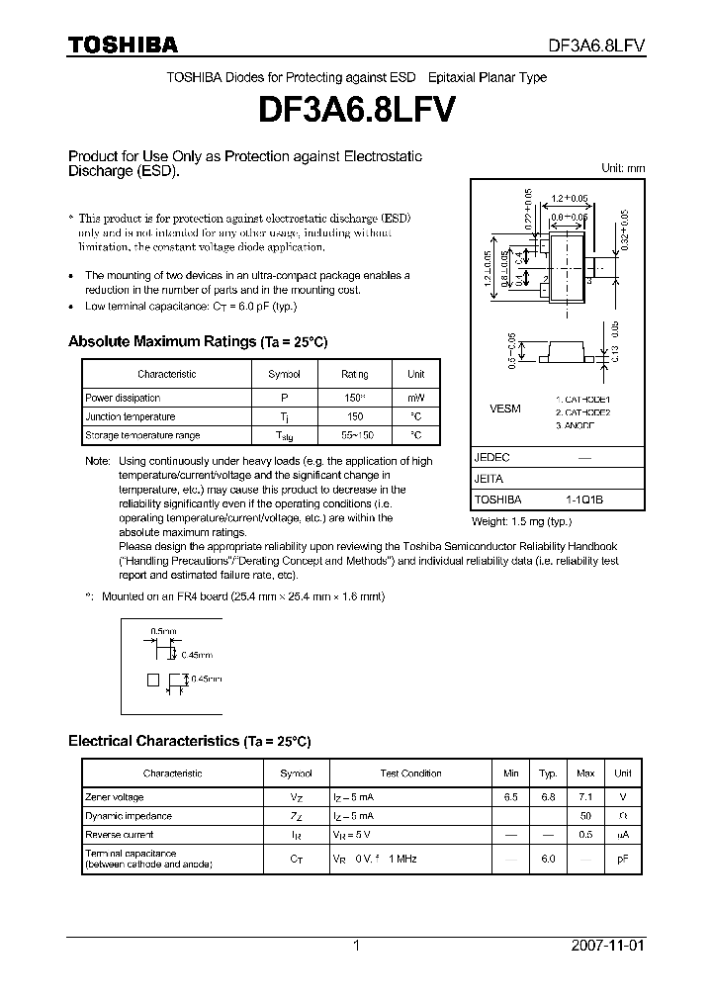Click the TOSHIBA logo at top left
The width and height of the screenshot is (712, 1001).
click(123, 45)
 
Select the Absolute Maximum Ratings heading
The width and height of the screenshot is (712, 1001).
click(197, 341)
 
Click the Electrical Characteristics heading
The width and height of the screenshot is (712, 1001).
click(189, 740)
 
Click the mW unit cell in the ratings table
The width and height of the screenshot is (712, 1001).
click(415, 397)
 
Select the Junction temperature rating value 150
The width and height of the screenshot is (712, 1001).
click(355, 416)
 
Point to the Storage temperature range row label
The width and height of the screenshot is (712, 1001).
click(142, 435)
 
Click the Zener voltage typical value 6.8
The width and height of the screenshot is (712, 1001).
click(547, 796)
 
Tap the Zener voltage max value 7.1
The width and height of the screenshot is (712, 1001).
click(585, 796)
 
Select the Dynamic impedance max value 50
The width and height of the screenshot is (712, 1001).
click(585, 816)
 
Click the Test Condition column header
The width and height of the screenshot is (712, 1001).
click(410, 773)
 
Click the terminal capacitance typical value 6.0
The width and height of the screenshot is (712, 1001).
click(547, 859)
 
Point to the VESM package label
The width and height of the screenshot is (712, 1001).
click(505, 408)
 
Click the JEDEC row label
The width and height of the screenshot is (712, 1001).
click(491, 458)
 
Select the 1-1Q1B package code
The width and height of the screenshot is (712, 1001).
click(583, 500)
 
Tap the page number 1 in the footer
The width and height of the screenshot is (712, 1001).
click(356, 946)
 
